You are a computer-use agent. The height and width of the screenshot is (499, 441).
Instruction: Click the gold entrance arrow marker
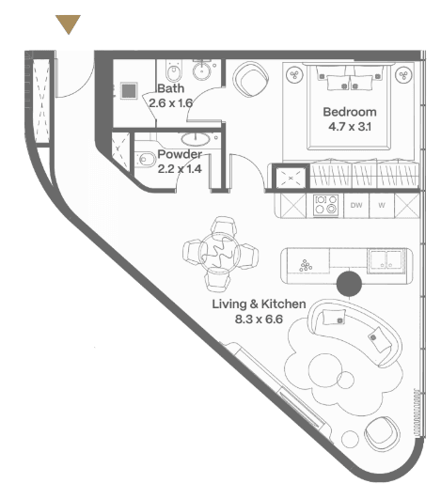click(x=68, y=23)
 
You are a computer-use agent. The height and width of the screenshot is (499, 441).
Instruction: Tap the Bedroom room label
click(x=350, y=112)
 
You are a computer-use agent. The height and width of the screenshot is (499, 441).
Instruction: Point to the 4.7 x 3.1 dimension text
click(x=350, y=127)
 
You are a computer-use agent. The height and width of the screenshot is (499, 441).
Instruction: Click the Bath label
click(x=171, y=88)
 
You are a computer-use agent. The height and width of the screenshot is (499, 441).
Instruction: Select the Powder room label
click(x=180, y=154)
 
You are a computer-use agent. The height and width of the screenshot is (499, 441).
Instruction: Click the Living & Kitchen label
click(x=259, y=304)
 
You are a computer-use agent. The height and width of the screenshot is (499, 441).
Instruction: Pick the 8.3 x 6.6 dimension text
click(x=259, y=319)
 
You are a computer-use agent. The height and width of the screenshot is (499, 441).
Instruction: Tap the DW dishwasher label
click(x=356, y=205)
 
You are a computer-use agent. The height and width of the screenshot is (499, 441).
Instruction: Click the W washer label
click(x=382, y=205)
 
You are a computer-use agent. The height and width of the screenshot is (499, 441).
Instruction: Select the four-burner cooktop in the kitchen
click(x=325, y=205)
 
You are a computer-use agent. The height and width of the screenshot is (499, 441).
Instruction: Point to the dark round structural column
click(x=349, y=284)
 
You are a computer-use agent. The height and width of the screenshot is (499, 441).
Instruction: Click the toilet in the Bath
click(x=174, y=70)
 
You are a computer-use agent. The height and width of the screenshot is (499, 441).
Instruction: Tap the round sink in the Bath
click(x=201, y=70)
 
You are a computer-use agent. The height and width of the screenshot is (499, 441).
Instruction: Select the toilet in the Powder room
click(x=144, y=159)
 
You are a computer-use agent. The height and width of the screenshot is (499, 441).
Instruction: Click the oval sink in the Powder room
click(x=196, y=138)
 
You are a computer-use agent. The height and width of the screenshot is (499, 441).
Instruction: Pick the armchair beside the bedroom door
click(x=250, y=79)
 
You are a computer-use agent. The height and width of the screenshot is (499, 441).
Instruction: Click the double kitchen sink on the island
click(x=386, y=261)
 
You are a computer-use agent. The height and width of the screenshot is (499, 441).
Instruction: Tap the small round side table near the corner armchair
click(x=350, y=439)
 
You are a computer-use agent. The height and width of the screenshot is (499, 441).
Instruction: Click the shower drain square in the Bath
click(x=129, y=91)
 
